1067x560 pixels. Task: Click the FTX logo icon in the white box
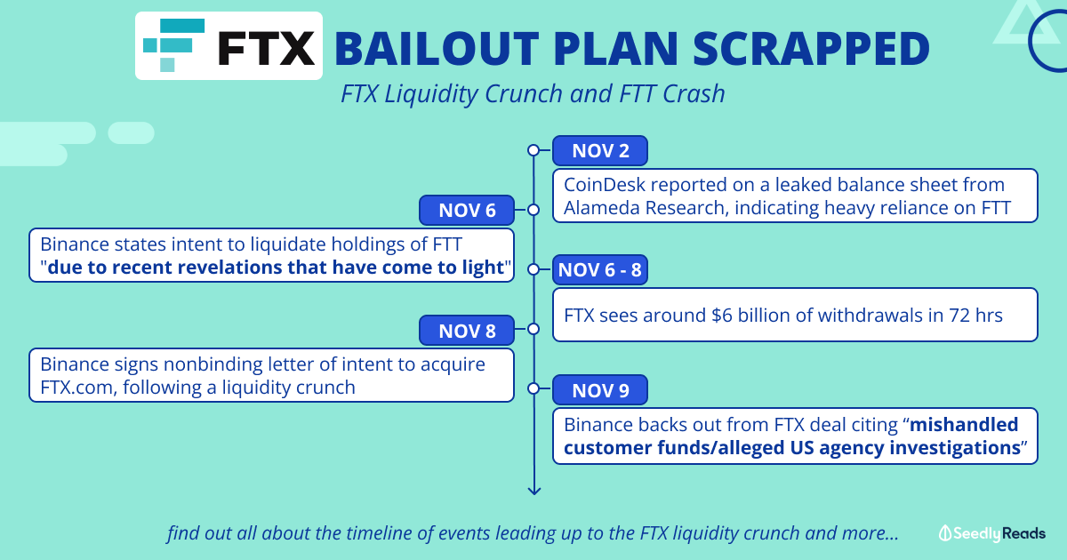174,45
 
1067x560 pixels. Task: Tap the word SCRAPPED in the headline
811,49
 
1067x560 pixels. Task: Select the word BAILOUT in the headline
437,49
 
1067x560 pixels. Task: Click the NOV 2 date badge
600,151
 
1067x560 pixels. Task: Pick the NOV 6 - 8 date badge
600,270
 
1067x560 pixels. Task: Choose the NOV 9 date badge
600,390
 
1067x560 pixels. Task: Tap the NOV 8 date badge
467,330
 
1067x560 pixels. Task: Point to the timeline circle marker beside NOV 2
533,150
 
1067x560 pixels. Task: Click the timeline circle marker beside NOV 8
533,329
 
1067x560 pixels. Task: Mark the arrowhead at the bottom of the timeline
534,491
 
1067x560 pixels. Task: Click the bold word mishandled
964,424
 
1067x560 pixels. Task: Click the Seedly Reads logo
991,533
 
